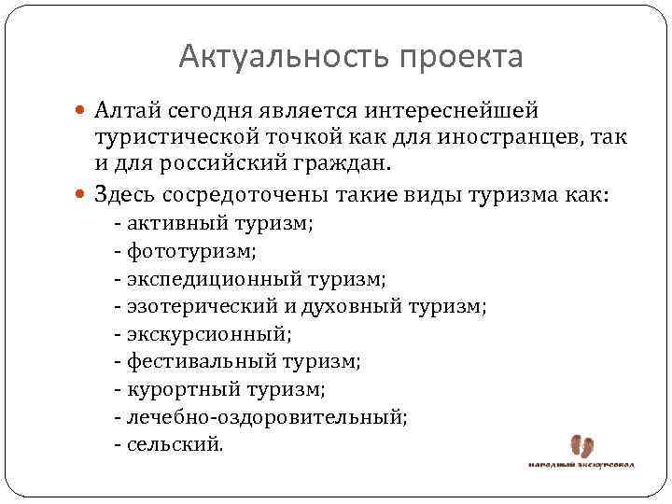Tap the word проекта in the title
(461, 58)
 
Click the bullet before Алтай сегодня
(77, 112)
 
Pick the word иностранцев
(522, 138)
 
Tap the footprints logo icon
(581, 446)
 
